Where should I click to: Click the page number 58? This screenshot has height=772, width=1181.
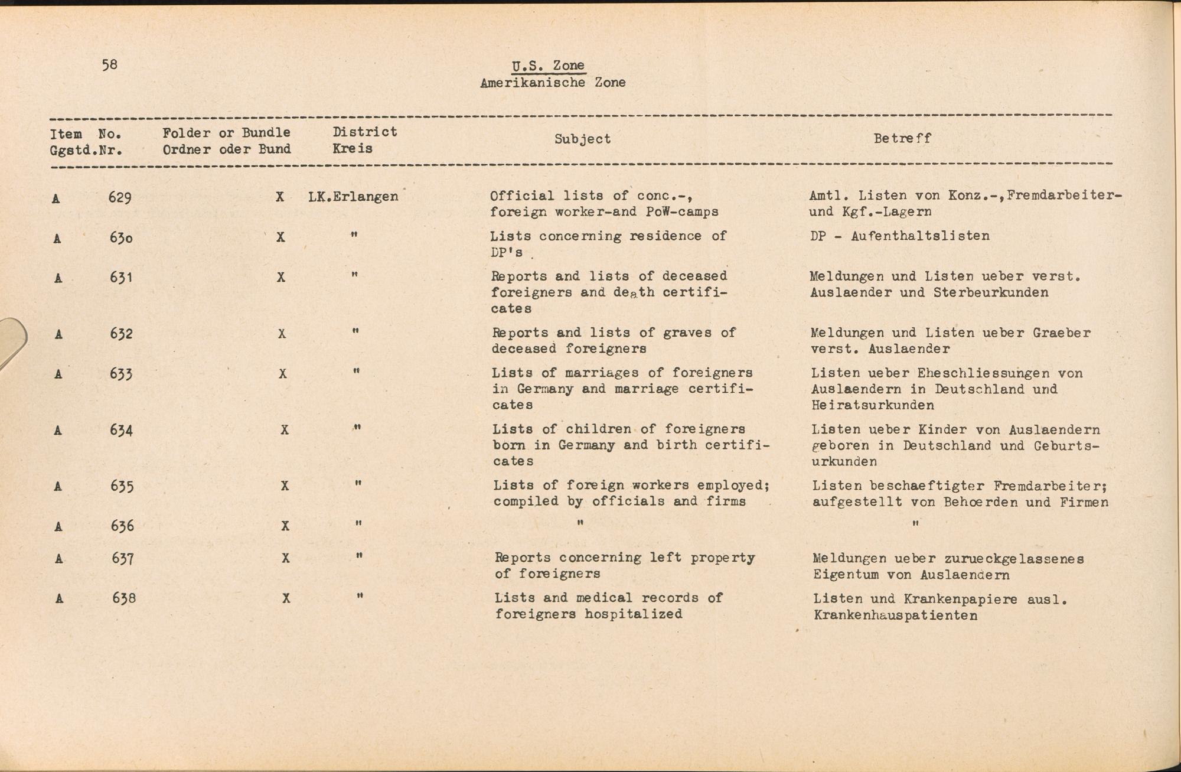[x=110, y=64]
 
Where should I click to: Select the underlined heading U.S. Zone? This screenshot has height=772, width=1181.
[x=549, y=66]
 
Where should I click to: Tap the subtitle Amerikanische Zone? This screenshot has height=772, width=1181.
[x=553, y=83]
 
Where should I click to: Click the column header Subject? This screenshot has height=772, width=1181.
[x=582, y=139]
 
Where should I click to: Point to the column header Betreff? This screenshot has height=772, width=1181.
[x=902, y=138]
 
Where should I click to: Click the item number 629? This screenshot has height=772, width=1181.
[x=120, y=197]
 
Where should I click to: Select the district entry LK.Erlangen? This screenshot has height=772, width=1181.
[x=353, y=197]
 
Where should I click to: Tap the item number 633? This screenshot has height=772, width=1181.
[x=121, y=374]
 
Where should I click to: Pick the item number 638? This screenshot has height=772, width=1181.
[x=124, y=598]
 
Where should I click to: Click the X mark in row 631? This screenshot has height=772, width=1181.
[x=281, y=277]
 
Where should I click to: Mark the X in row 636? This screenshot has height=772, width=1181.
[x=285, y=526]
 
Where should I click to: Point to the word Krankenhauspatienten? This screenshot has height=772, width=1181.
[x=895, y=615]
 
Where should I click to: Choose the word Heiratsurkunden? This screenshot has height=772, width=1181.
[x=873, y=405]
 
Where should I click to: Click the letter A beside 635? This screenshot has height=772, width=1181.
[x=58, y=486]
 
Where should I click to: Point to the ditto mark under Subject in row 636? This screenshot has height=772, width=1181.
[x=580, y=523]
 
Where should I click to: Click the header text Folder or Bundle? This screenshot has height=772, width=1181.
[x=226, y=133]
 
